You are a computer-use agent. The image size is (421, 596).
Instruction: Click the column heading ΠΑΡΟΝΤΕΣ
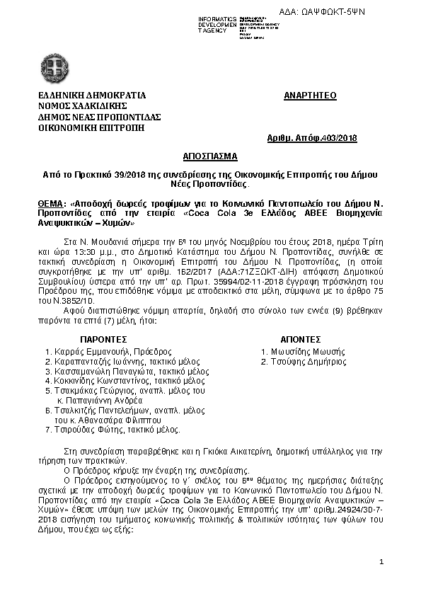click(x=102, y=339)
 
